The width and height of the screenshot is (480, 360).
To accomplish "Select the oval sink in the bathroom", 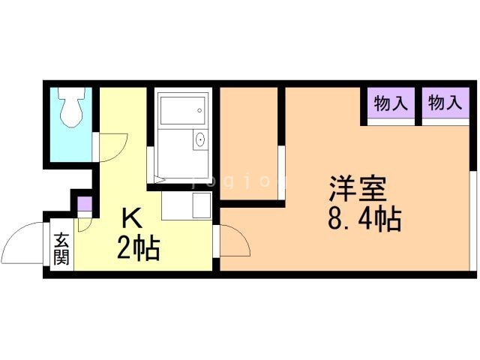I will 200,140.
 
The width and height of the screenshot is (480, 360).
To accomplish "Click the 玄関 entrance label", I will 61,250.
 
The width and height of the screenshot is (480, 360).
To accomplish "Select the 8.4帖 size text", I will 364,220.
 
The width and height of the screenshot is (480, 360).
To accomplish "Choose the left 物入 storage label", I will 391,103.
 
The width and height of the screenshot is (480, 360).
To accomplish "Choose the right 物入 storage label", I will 445,103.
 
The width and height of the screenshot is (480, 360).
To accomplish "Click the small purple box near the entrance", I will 85,203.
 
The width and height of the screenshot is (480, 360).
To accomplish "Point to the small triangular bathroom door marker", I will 160,178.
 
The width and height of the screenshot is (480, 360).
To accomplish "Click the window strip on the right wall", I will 473,221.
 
